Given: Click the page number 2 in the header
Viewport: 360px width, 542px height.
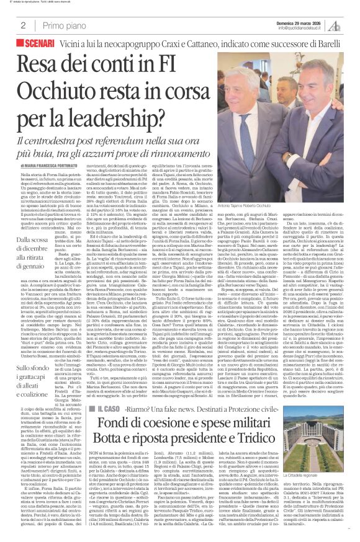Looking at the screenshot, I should [23, 25].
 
